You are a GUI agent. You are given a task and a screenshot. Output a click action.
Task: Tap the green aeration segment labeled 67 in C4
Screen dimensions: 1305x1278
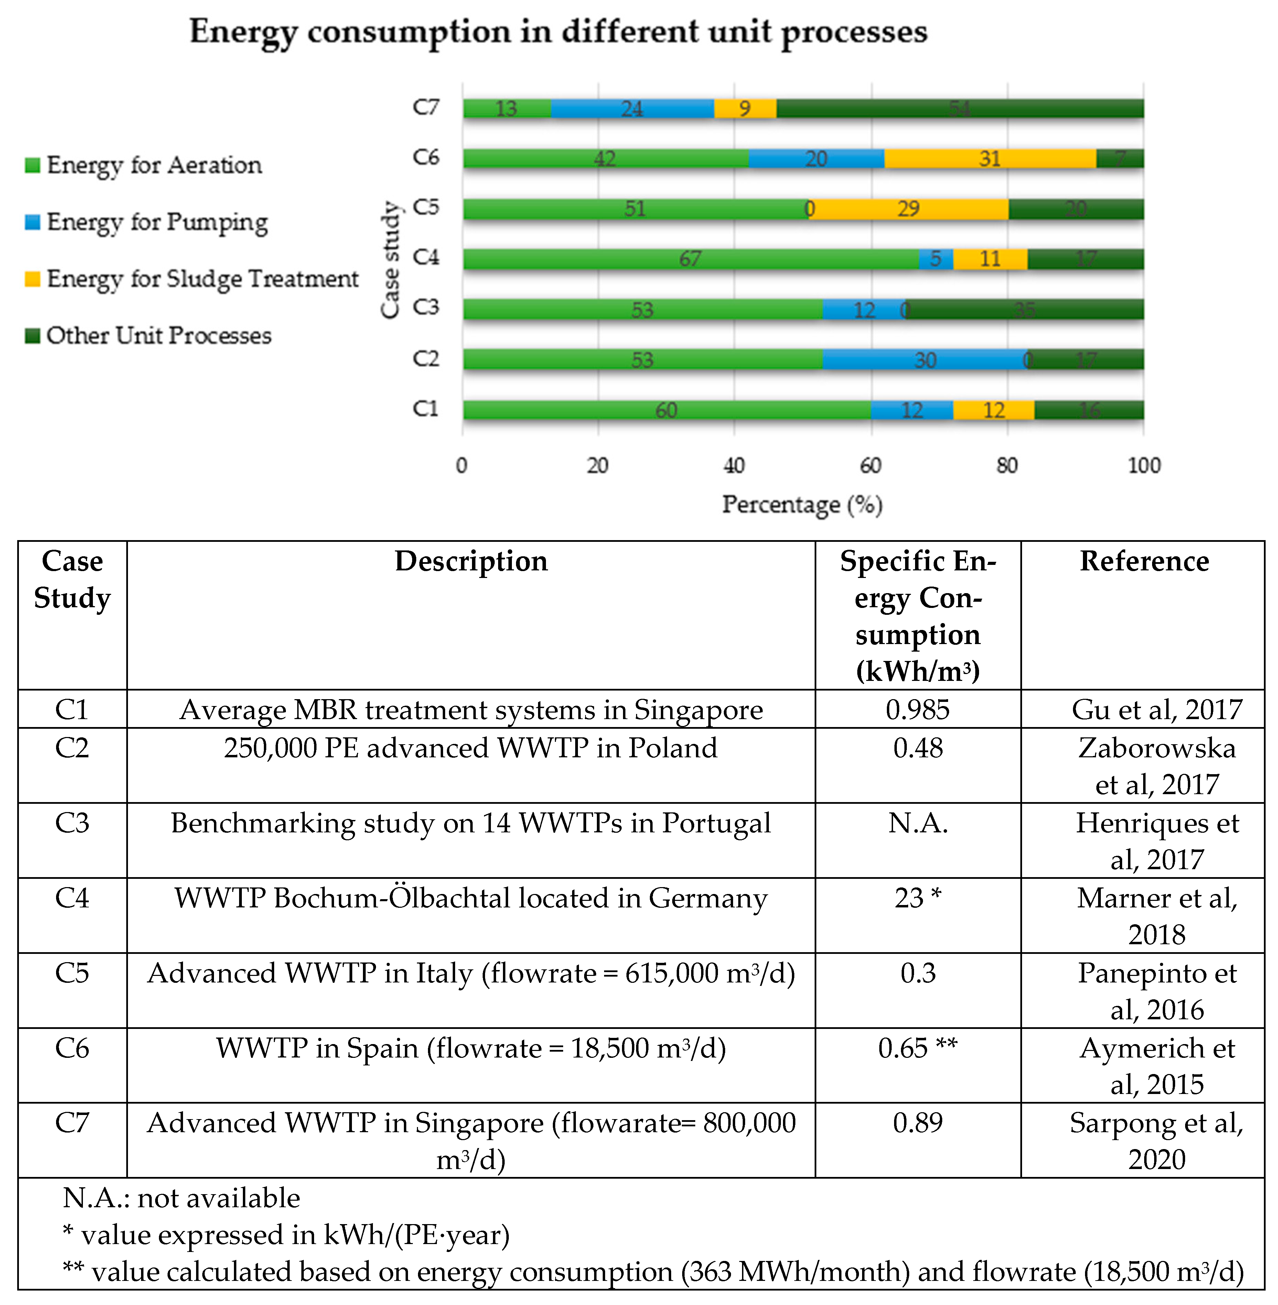[x=690, y=259]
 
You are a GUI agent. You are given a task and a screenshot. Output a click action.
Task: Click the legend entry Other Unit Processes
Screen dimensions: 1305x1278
[x=158, y=335]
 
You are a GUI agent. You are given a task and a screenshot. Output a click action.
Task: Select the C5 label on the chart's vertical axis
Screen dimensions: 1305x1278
[x=426, y=207]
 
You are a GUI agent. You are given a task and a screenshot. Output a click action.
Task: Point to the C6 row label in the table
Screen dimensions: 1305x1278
[x=72, y=1048]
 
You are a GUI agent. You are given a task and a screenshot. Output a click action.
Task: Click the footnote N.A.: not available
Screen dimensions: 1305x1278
[x=181, y=1198]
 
